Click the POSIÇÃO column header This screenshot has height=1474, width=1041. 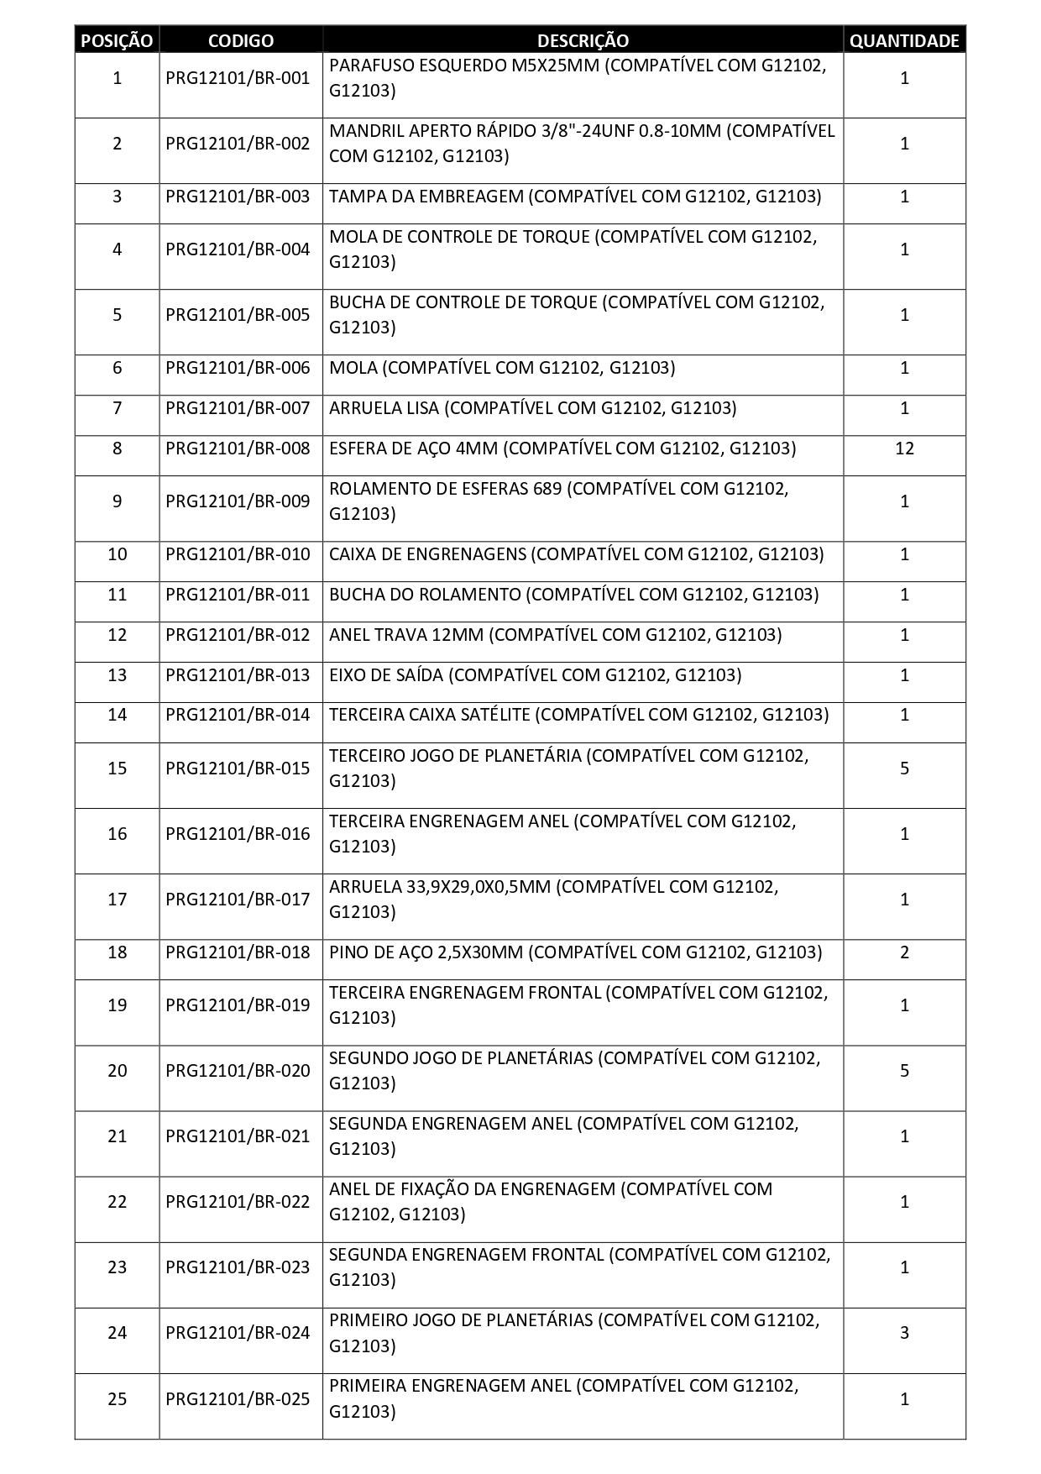point(117,40)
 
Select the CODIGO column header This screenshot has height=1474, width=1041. point(240,40)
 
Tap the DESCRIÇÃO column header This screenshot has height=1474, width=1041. point(583,40)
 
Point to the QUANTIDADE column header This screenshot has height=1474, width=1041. point(904,40)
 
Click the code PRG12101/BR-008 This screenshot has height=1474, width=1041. point(238,448)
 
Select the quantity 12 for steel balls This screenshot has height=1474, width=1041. point(904,448)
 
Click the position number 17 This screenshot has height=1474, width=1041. point(117,900)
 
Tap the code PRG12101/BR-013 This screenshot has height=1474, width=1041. point(238,675)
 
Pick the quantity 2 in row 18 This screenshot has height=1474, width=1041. point(904,952)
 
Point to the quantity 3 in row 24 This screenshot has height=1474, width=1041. point(904,1333)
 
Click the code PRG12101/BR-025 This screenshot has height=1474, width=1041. point(238,1399)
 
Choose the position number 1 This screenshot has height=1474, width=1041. point(117,78)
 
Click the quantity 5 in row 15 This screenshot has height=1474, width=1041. point(904,768)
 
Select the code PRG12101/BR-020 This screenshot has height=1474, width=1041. point(238,1071)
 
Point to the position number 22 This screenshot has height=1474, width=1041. point(117,1202)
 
